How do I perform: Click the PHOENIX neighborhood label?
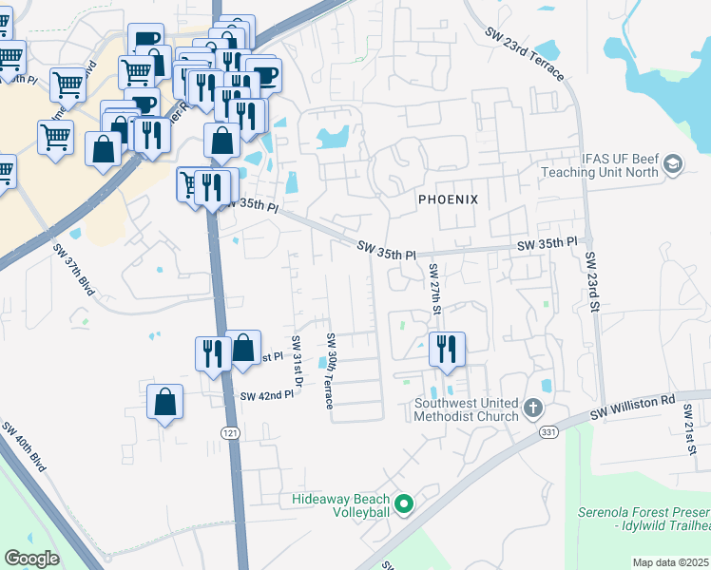[x=447, y=199]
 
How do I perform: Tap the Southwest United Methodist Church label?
[x=466, y=408]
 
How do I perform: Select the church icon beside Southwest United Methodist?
[x=532, y=409]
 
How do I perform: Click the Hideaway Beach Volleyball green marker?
[x=404, y=504]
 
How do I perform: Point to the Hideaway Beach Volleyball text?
[x=341, y=505]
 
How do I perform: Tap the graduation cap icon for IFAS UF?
[x=673, y=164]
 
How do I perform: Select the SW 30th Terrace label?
[x=331, y=370]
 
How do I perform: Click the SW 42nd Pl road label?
[x=267, y=395]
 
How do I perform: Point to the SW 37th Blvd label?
[x=74, y=270]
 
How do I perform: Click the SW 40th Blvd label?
[x=24, y=446]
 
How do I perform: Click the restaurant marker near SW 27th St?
[x=446, y=350]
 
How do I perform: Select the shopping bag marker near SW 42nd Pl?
[x=165, y=402]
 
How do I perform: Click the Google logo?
[x=32, y=559]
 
